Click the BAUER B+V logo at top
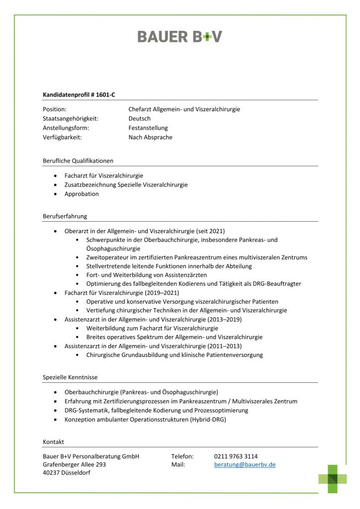180,37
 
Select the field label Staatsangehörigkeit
70,118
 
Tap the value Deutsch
139,118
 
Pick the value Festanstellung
148,128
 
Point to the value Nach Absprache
150,137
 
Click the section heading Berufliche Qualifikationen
78,161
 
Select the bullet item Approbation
82,194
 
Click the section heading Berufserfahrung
65,216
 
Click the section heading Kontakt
53,441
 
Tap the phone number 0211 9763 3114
236,456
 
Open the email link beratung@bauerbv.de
245,464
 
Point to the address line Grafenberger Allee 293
75,464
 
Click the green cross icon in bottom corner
333,479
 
